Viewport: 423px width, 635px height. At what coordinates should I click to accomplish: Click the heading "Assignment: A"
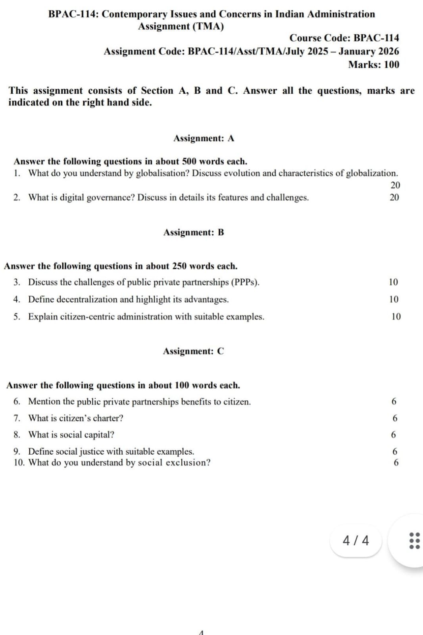tap(204, 138)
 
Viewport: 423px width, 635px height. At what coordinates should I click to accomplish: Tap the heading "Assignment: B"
tap(194, 232)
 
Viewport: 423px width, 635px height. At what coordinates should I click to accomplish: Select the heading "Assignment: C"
tap(193, 351)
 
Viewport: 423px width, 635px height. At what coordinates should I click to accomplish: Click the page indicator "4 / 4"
tap(356, 540)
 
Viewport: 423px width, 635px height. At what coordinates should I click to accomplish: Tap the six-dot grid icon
tap(414, 540)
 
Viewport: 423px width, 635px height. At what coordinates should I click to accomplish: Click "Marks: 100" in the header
tap(373, 64)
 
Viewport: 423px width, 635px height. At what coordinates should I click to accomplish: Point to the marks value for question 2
tap(394, 197)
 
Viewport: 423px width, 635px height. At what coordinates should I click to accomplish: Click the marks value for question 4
tap(394, 299)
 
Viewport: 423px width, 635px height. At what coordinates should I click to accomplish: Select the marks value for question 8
tap(393, 435)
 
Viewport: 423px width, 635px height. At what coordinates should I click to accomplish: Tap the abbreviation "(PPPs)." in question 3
tap(245, 282)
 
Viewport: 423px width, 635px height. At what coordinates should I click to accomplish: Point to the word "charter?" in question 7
tap(108, 418)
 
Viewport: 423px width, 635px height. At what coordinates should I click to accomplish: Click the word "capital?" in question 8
tap(99, 435)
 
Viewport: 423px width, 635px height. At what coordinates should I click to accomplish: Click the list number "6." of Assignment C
tap(17, 401)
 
